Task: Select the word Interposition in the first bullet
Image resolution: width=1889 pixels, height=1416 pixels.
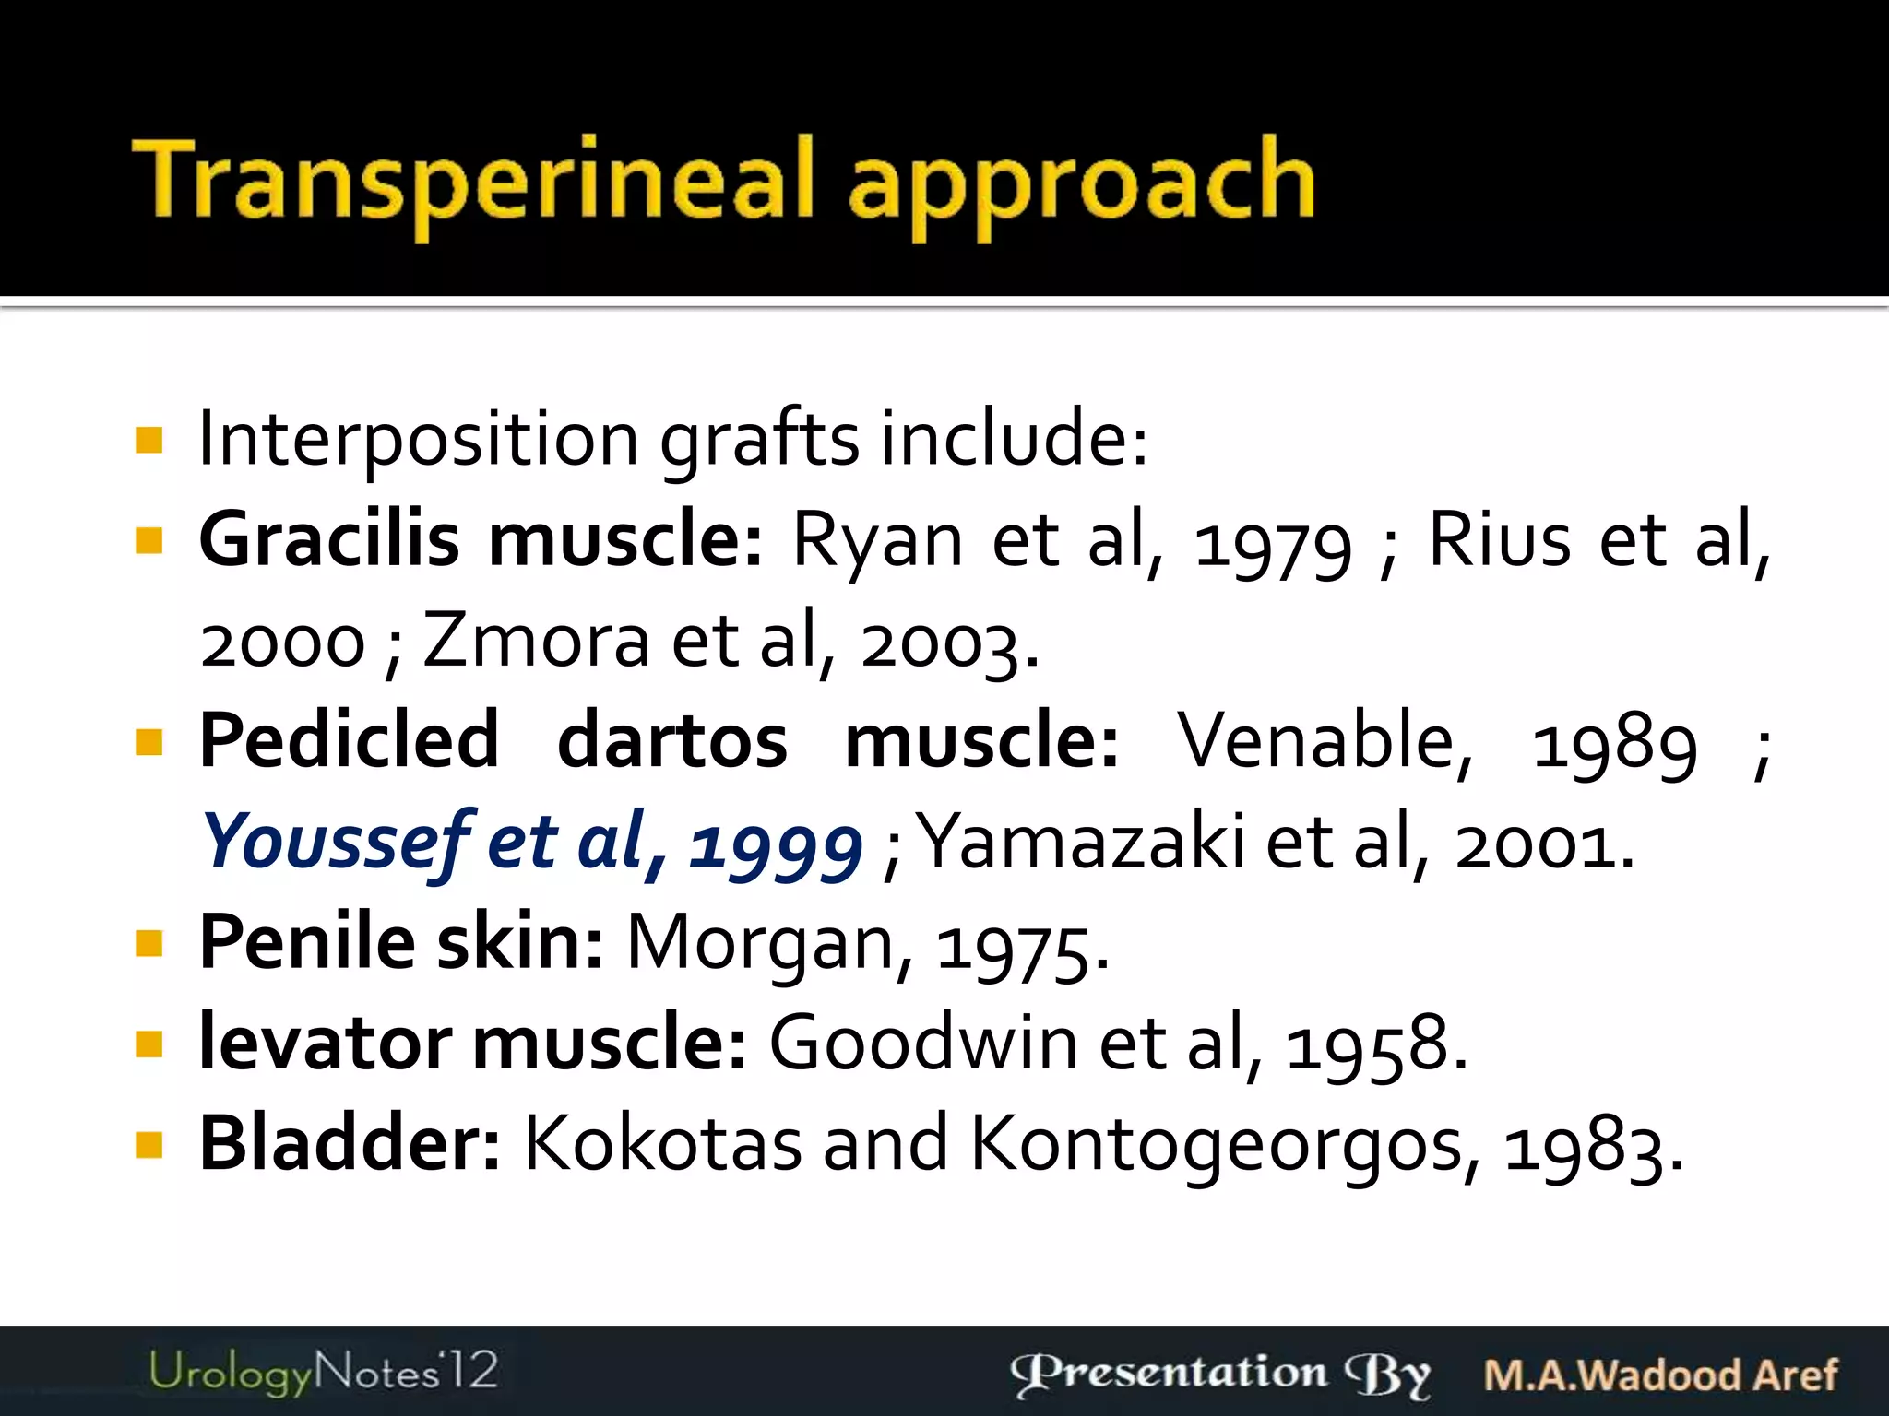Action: (418, 439)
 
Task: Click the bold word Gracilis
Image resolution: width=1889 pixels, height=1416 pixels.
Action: (329, 540)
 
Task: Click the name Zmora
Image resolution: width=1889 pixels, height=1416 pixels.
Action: (536, 642)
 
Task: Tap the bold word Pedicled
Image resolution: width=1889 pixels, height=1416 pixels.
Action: (350, 741)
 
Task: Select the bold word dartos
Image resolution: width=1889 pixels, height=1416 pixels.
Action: (672, 741)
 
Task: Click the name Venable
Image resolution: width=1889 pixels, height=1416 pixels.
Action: (1325, 741)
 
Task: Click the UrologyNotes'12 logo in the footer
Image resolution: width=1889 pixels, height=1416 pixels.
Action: (323, 1372)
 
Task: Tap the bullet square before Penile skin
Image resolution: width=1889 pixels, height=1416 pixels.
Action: (149, 944)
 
